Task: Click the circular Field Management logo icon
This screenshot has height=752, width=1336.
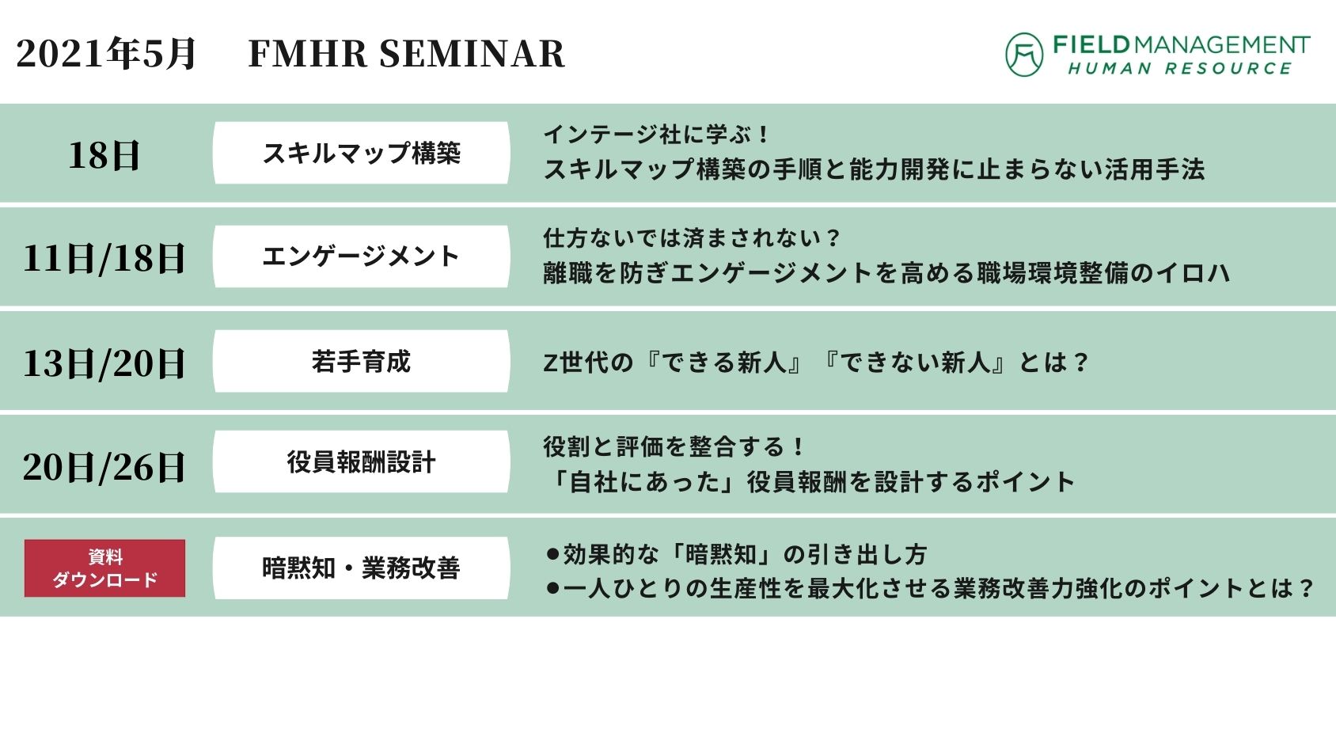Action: tap(1024, 55)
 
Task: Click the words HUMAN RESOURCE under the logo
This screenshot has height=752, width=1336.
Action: tap(1180, 69)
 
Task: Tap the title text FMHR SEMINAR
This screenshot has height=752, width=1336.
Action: tap(406, 54)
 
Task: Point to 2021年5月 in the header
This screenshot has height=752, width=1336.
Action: tap(105, 53)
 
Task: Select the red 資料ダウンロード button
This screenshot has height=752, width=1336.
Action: tap(105, 568)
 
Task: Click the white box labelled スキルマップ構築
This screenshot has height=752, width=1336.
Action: tap(362, 153)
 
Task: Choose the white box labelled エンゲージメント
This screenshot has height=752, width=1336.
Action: tap(362, 256)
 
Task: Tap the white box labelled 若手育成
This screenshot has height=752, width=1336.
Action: tap(362, 361)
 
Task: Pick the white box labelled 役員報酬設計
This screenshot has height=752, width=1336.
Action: tap(362, 461)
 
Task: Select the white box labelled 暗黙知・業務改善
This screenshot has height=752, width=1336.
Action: tap(362, 568)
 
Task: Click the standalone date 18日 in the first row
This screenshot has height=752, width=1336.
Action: tap(104, 156)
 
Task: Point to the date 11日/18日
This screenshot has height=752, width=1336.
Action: tap(104, 259)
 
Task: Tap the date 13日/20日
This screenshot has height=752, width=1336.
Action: tap(104, 363)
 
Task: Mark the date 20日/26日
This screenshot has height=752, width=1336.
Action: tap(104, 467)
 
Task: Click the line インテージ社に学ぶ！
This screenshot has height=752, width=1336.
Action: tap(657, 135)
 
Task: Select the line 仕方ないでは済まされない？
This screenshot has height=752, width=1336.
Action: tap(692, 238)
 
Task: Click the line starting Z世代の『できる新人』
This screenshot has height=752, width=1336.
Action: tap(816, 362)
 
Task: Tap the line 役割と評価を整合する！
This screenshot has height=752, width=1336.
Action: tap(674, 446)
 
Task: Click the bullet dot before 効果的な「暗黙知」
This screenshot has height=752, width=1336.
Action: tap(553, 555)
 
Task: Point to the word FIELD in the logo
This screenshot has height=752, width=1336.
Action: tap(1091, 45)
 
